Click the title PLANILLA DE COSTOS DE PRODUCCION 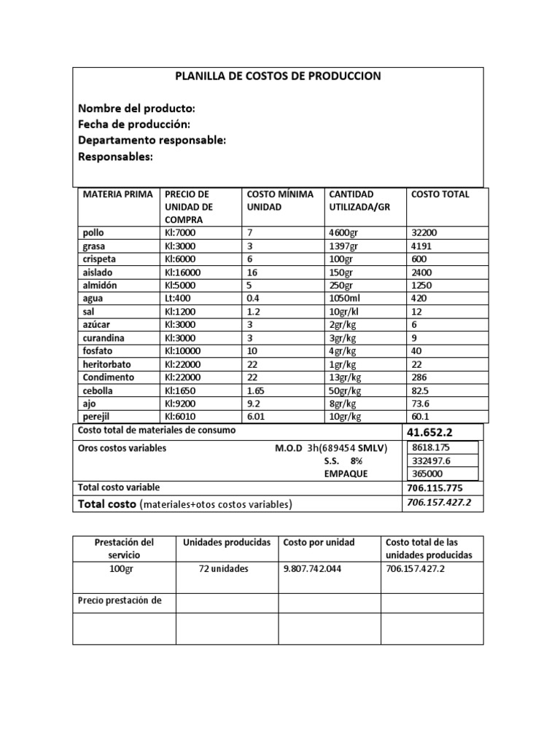pos(278,76)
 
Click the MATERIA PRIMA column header pos(117,195)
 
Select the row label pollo pos(94,233)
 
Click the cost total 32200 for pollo pos(424,233)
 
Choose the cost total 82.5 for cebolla pos(422,390)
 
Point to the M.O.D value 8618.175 pos(431,448)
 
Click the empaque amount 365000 pos(427,474)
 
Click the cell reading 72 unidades pos(223,569)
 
